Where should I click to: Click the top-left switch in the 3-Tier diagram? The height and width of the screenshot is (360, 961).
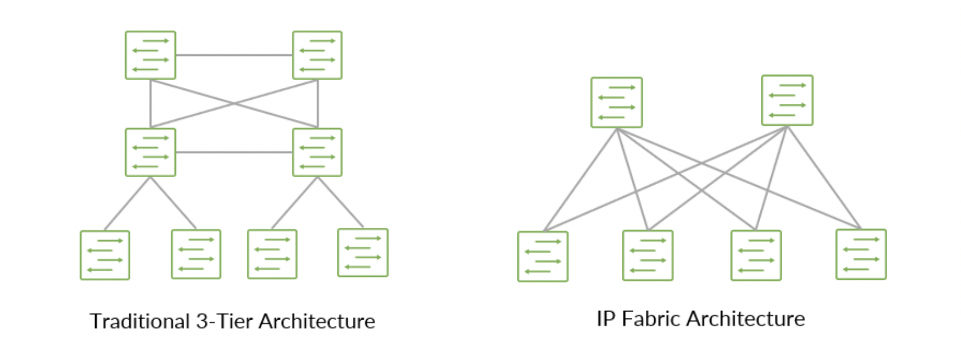click(151, 55)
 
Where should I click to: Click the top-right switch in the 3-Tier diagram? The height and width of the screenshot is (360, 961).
click(317, 55)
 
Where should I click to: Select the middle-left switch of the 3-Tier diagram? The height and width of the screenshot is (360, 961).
click(151, 152)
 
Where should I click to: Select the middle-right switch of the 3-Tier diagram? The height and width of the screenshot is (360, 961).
click(317, 152)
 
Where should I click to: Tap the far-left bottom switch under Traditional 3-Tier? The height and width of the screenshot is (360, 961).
click(105, 255)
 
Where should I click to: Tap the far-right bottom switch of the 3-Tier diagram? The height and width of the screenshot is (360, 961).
click(363, 253)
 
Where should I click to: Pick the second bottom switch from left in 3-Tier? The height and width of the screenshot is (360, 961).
click(196, 254)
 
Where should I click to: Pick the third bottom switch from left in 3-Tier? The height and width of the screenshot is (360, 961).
click(272, 254)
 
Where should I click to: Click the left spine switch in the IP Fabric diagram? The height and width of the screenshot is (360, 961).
click(617, 103)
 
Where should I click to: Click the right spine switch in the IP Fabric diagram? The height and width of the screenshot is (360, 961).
click(787, 100)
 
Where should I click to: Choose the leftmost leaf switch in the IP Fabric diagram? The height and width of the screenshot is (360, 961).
click(543, 257)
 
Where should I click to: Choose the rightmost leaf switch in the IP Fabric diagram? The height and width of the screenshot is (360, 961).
click(861, 254)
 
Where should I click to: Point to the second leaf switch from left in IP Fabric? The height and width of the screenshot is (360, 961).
click(648, 256)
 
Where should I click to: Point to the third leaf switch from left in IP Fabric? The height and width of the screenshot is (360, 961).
click(756, 256)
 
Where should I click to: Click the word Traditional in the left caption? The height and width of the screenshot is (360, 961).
click(140, 321)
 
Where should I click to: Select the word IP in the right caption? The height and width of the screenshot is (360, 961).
click(606, 318)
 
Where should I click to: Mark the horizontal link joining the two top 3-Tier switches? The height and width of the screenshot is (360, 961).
click(234, 55)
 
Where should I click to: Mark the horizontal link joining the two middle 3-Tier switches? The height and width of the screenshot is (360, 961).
click(234, 152)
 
